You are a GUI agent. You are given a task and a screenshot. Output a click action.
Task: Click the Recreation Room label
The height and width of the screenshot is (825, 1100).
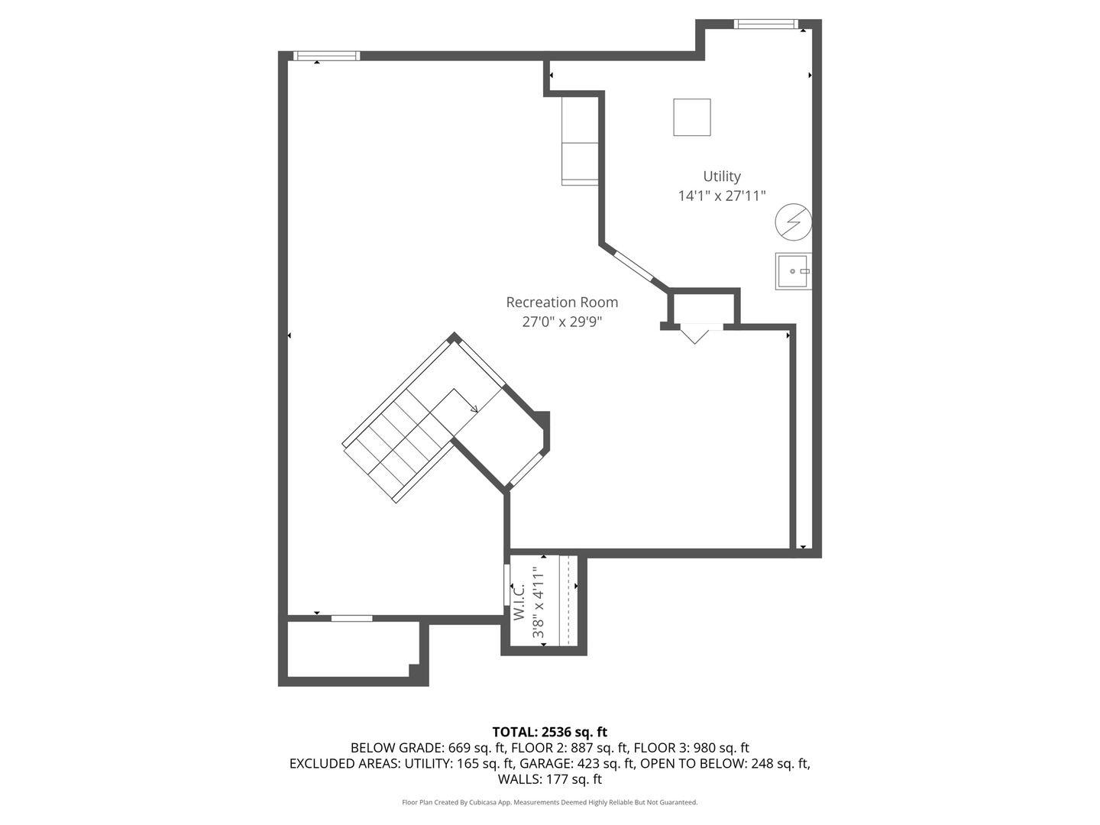coord(561,302)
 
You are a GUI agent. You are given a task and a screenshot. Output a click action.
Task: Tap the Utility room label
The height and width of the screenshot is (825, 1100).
coord(721,176)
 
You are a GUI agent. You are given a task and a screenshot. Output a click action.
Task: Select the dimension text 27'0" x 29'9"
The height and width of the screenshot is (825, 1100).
coord(561,322)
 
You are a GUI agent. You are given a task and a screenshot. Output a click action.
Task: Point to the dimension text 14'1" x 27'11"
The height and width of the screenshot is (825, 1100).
coord(721,196)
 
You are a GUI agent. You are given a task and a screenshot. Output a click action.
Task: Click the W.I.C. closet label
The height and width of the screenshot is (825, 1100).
coord(519,601)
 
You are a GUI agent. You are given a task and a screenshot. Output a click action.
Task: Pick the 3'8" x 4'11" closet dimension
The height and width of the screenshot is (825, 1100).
coord(539,602)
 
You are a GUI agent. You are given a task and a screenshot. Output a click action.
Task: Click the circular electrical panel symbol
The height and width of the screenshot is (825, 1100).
coord(792,222)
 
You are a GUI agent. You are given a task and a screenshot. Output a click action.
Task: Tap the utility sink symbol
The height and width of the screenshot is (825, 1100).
coord(793,271)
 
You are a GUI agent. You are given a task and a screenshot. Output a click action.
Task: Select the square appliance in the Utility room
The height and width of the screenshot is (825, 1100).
coord(691,117)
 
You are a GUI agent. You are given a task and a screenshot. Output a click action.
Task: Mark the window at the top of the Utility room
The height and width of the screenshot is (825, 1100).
coord(765,24)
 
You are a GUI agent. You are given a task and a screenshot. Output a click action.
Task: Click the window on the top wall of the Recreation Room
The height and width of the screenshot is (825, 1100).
coord(326,56)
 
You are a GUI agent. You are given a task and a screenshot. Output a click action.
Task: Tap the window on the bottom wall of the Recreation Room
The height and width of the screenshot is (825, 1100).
coord(351,618)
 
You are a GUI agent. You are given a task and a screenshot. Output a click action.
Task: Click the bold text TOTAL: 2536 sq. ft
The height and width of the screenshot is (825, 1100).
coord(549,732)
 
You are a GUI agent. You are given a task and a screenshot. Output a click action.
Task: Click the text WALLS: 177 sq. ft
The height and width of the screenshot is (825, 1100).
coord(549,779)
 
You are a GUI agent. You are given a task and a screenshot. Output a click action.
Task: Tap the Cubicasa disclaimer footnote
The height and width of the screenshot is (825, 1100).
coord(549,802)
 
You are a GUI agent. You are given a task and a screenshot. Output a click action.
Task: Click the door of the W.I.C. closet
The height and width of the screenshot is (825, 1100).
coord(506,585)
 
